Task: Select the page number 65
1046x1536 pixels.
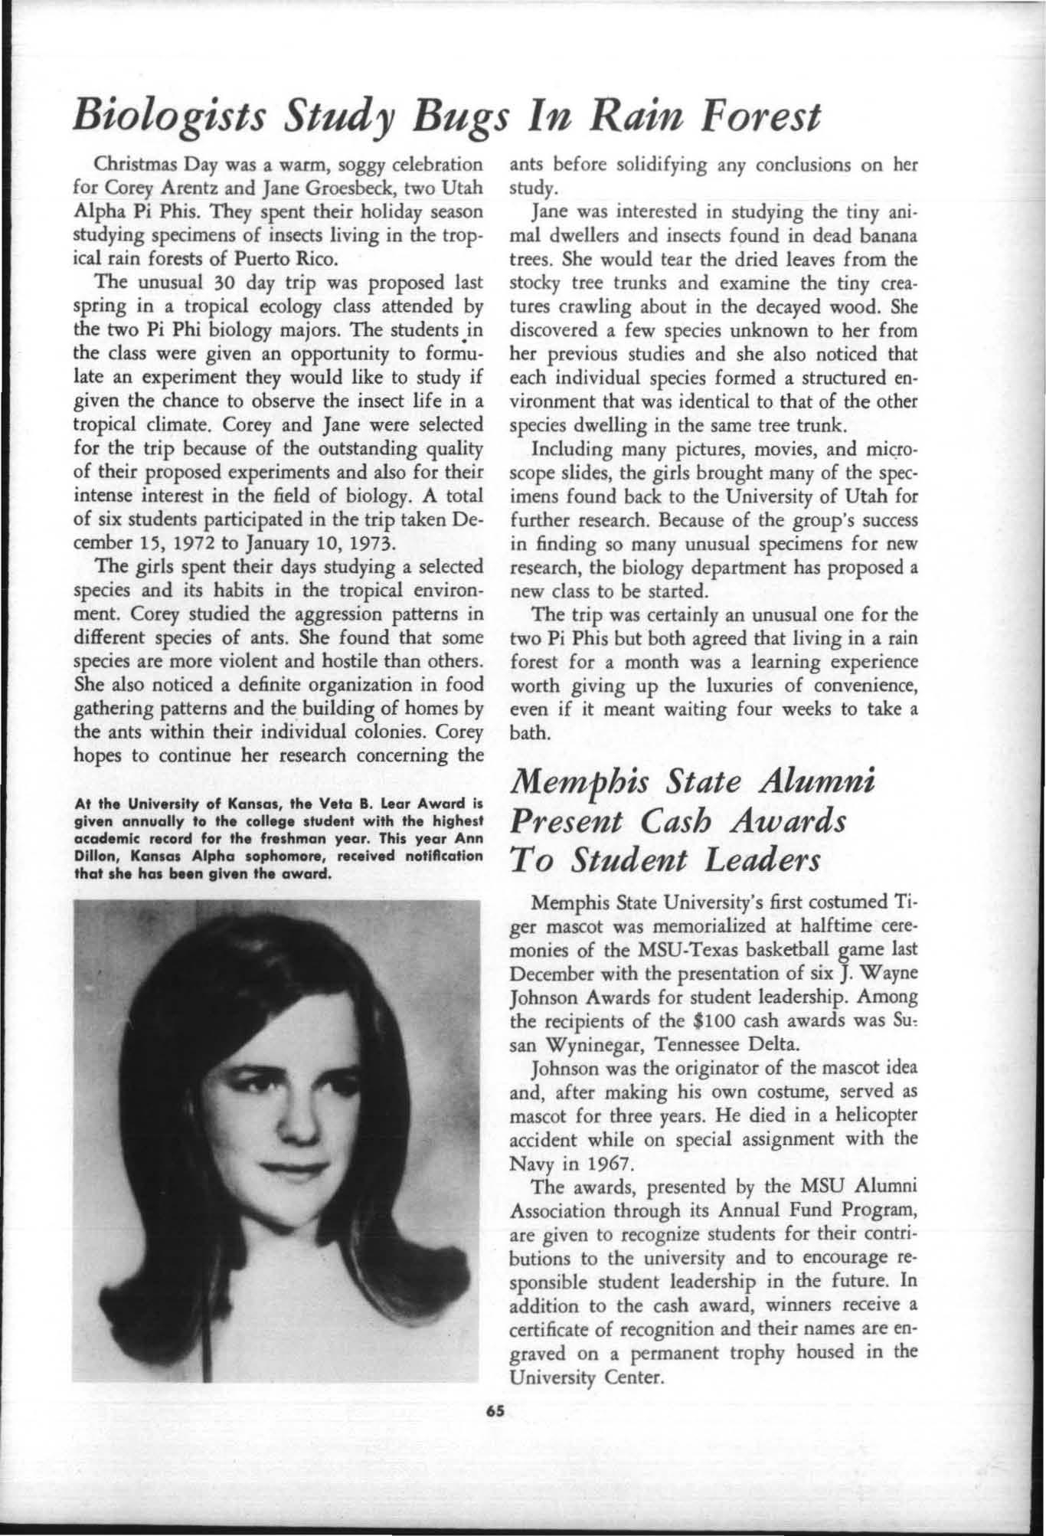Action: [x=502, y=1410]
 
